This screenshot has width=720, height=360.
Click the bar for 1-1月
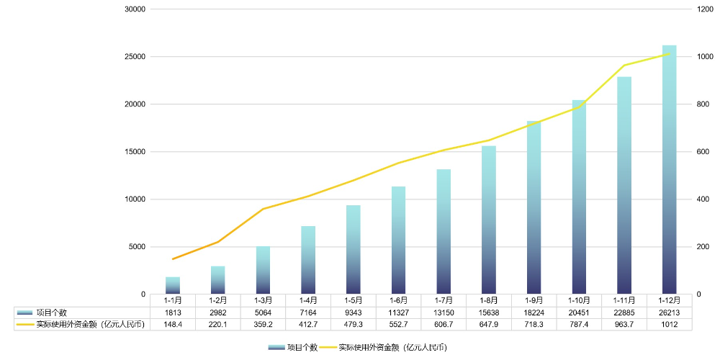click(x=173, y=286)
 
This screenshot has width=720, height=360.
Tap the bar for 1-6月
click(x=398, y=240)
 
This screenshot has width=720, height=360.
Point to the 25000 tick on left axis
click(x=135, y=57)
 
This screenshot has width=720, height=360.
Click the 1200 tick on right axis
click(x=703, y=9)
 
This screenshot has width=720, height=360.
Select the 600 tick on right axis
click(x=703, y=152)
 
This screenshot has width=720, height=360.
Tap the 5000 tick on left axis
click(x=137, y=247)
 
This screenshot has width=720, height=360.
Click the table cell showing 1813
click(x=173, y=312)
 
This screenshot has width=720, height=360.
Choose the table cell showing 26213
click(x=669, y=312)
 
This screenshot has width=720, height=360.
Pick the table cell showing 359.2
click(x=263, y=325)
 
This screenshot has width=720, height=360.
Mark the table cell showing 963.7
click(x=624, y=325)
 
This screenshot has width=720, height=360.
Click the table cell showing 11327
click(x=398, y=312)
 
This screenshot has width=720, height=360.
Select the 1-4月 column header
click(x=308, y=300)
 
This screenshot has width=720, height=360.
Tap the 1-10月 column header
click(x=579, y=300)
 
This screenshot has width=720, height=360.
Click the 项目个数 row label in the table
click(x=52, y=312)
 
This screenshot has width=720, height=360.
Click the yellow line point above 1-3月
click(x=263, y=209)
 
